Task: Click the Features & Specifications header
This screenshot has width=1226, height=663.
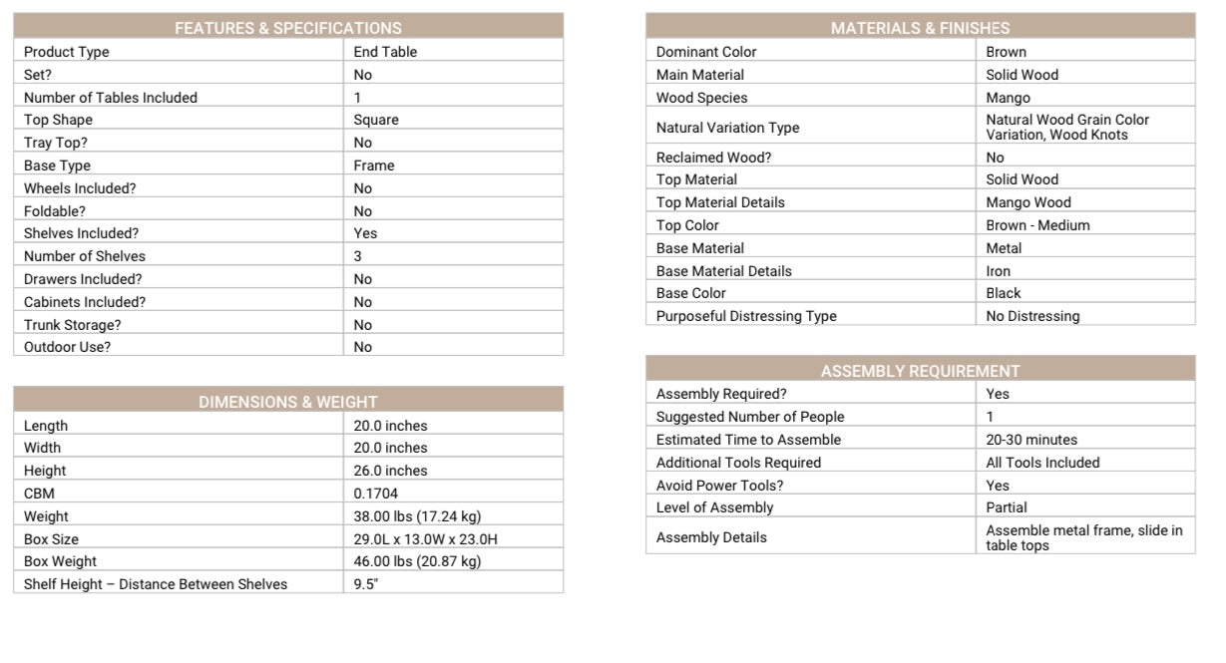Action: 287,28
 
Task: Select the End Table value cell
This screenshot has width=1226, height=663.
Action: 385,52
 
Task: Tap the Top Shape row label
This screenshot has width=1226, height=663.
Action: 58,120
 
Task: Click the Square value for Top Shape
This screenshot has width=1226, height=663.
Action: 376,120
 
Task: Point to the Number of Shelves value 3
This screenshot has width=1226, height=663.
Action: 358,256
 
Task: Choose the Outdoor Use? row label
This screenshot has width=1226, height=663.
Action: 67,347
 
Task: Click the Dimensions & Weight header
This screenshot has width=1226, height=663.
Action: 287,402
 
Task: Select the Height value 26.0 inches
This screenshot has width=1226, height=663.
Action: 390,471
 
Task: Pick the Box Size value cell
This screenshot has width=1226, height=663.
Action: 425,539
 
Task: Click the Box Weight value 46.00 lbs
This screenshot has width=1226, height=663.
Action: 417,561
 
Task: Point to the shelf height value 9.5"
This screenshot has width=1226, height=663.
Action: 365,584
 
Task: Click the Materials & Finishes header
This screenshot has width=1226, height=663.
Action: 920,28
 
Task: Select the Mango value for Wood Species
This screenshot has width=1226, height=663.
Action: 1008,98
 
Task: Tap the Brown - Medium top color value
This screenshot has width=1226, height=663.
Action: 1037,225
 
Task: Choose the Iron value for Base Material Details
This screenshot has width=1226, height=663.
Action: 998,271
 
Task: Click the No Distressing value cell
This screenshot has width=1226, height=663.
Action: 1032,316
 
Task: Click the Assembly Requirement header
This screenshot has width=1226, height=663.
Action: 920,371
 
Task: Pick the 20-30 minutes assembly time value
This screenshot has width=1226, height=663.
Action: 1031,440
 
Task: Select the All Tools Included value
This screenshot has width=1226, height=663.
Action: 1042,463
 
